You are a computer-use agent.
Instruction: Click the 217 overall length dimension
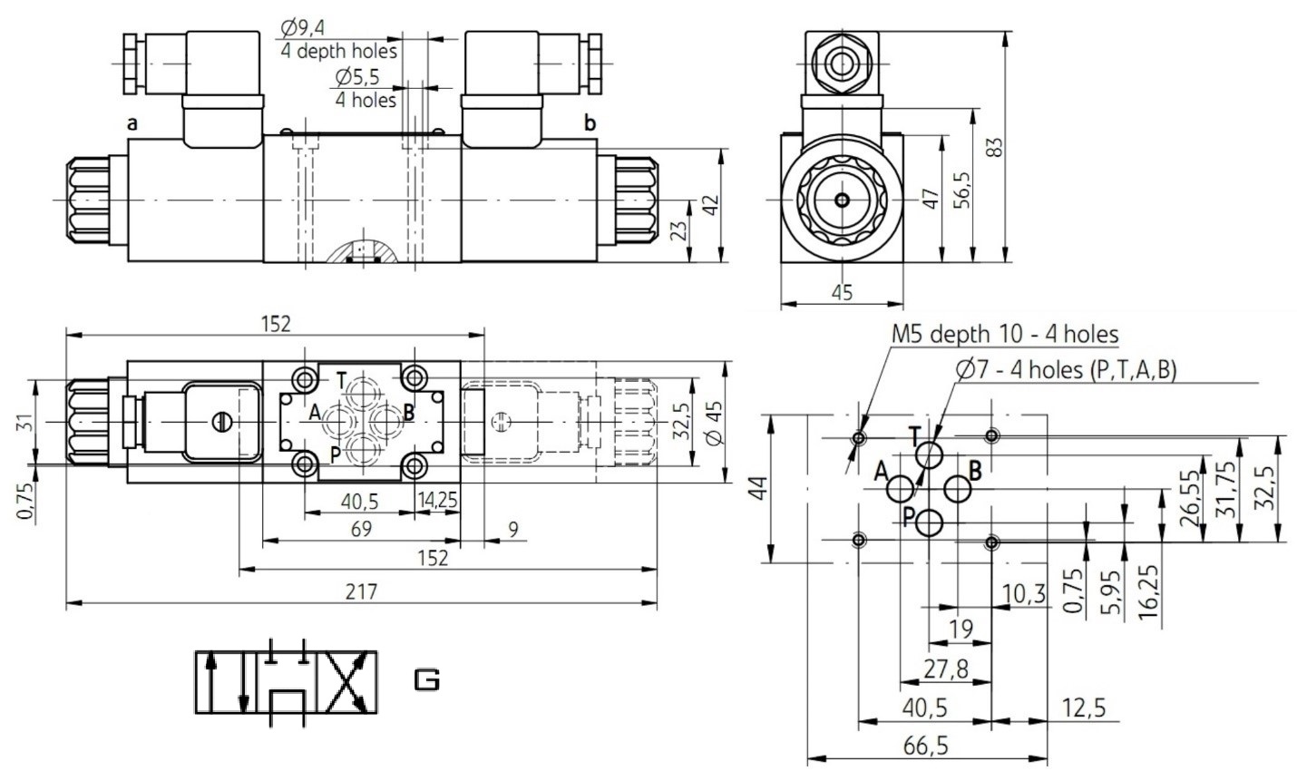click(361, 591)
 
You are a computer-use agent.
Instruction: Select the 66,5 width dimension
click(926, 747)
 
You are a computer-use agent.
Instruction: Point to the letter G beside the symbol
click(427, 680)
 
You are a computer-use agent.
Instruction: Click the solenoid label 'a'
click(132, 123)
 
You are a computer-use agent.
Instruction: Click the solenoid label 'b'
click(590, 122)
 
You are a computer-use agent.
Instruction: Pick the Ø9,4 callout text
click(302, 27)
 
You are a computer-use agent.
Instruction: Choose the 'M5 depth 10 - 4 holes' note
click(1005, 334)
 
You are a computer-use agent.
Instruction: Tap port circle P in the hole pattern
click(930, 522)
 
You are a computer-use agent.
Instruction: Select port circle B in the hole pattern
click(958, 489)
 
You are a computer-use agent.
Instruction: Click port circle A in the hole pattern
click(901, 489)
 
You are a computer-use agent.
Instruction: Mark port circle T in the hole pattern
click(929, 454)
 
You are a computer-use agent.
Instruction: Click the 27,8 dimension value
click(945, 669)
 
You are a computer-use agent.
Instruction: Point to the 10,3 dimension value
click(1024, 593)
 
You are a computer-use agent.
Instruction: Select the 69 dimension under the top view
click(361, 529)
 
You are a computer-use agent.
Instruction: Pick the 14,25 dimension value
click(438, 500)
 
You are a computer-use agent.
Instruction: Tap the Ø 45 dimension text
click(716, 424)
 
